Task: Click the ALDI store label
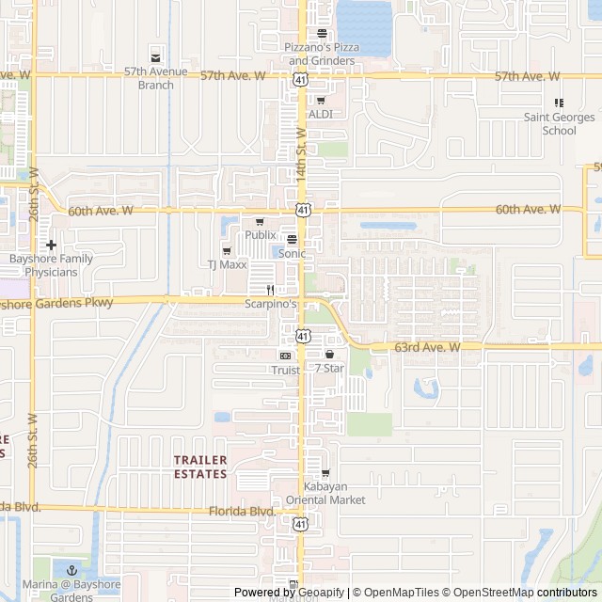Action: point(321,114)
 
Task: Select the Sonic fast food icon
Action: point(292,239)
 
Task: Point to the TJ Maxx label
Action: point(227,265)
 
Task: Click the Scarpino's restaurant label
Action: point(271,304)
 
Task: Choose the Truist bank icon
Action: point(285,356)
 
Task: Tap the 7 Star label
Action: point(329,368)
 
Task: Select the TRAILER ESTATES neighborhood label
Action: point(200,467)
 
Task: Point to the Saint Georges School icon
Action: point(559,103)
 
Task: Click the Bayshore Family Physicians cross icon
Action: point(51,245)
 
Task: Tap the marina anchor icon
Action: point(71,570)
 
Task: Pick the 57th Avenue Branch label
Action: point(155,78)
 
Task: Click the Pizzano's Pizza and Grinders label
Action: point(321,54)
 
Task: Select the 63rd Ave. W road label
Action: point(427,347)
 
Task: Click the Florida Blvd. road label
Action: point(242,512)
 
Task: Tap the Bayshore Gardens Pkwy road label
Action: point(56,303)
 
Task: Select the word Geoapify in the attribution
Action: point(317,593)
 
